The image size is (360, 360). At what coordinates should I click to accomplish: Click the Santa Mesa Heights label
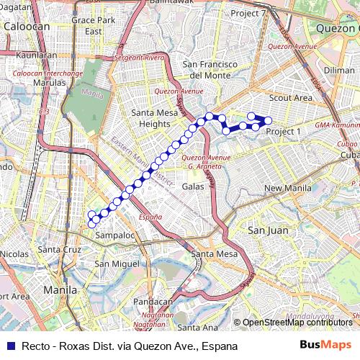[x=150, y=118]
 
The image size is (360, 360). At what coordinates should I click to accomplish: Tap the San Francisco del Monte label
[x=210, y=69]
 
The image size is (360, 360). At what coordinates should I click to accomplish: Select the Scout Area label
[x=290, y=98]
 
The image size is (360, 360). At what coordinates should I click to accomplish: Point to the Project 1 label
[x=283, y=132]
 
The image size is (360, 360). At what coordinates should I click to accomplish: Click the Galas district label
[x=193, y=186]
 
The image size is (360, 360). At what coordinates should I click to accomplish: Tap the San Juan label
[x=267, y=230]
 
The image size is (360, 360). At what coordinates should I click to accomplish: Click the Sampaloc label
[x=115, y=235]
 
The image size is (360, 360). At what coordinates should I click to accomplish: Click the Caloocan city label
[x=27, y=27]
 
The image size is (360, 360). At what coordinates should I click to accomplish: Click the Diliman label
[x=339, y=71]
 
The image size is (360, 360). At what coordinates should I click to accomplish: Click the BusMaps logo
[x=325, y=346]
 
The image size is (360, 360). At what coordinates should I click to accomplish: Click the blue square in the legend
[x=9, y=346]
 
